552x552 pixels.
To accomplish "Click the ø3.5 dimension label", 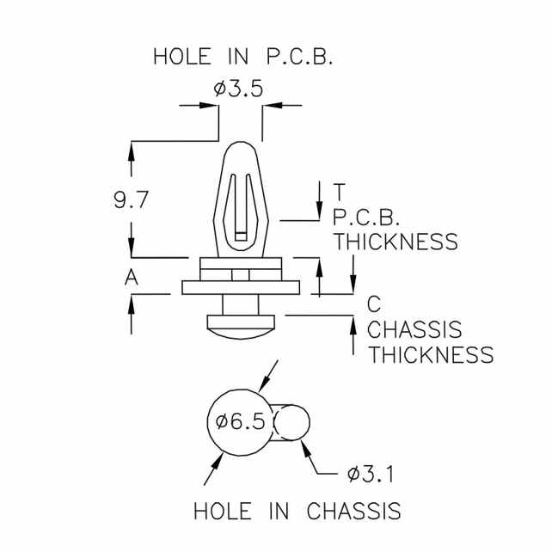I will pos(240,89).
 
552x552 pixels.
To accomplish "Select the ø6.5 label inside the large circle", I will pos(242,421).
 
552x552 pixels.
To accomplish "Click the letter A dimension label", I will pos(132,277).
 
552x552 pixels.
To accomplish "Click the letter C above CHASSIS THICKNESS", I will pos(374,304).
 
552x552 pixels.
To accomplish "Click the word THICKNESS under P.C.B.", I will pos(396,242).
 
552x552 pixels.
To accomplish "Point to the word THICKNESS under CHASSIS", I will pos(432,354).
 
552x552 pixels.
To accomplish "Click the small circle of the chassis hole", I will pos(292,422).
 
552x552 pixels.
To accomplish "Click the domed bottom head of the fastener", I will pos(241,325).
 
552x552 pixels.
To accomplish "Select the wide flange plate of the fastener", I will pos(241,287).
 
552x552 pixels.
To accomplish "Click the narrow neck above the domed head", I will pos(241,306).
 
